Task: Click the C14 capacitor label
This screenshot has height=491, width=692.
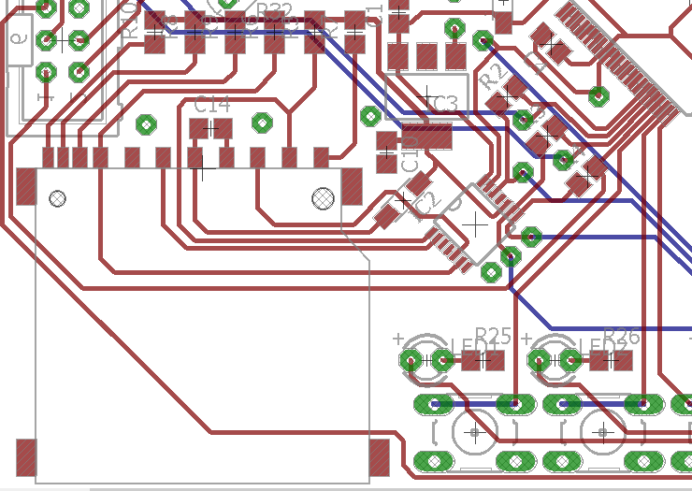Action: (211, 105)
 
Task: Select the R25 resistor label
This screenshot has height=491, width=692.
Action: (493, 335)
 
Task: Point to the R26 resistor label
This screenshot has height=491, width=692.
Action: (621, 335)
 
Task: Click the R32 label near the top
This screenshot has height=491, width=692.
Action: (274, 11)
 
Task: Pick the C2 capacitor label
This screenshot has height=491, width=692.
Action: (427, 201)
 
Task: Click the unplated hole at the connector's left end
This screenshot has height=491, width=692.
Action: (57, 198)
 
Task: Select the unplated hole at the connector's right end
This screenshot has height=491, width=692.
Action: (324, 197)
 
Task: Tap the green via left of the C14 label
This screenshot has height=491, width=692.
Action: (146, 123)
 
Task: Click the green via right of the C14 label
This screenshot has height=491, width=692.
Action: (263, 123)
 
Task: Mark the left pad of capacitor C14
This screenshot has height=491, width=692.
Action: (196, 128)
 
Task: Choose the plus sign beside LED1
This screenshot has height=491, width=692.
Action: (398, 338)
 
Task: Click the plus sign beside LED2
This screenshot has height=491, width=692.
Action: (526, 338)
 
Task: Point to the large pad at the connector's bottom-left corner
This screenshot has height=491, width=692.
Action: (26, 457)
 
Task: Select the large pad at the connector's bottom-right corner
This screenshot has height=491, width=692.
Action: (379, 457)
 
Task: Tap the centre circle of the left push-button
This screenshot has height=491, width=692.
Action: (475, 432)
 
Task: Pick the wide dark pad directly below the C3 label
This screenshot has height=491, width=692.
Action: (427, 137)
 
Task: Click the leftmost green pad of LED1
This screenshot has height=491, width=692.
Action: (411, 360)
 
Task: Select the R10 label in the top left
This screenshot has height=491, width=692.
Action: (130, 21)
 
